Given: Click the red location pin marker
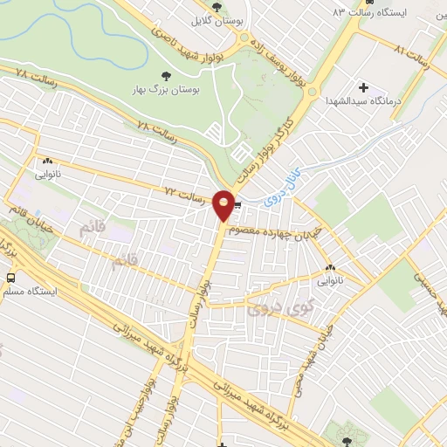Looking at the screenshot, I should tap(224, 205).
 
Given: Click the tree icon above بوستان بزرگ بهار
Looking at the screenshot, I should tap(168, 76).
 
